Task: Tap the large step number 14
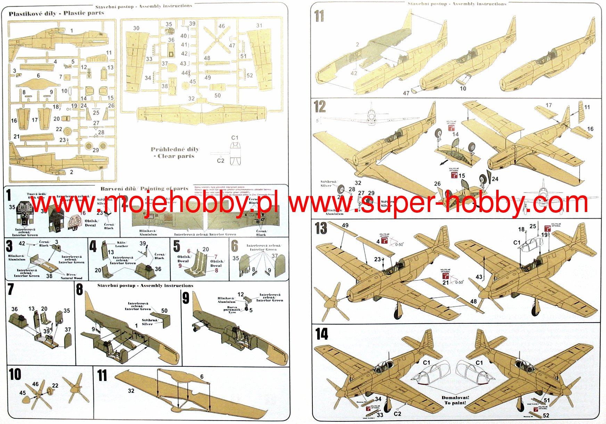coord(321,334)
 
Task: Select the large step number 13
coord(321,228)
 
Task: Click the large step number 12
coord(320,107)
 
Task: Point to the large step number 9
coord(186,298)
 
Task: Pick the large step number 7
coord(10,289)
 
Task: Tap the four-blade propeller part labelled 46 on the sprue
coord(217,40)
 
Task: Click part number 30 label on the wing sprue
coord(136,28)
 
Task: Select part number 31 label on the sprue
coord(259,25)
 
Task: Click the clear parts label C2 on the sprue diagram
coord(221,161)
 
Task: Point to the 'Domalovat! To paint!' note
coord(455,400)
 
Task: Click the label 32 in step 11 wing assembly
coord(131,391)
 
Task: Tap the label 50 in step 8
coord(164,311)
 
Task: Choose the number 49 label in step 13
coord(345,225)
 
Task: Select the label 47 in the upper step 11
coord(406,93)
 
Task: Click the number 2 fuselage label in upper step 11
coord(357,44)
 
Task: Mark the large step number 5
coord(177,246)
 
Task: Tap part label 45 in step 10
coord(23,393)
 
